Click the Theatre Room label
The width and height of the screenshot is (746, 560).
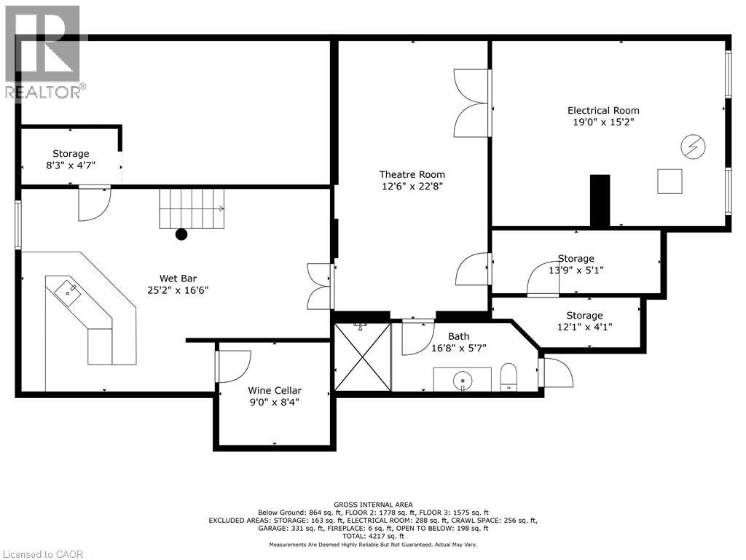[x=412, y=174]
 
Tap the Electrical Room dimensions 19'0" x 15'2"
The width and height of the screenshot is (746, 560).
[x=603, y=122]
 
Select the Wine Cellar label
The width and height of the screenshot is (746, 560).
[x=275, y=390]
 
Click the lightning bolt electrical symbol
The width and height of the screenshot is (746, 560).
[x=693, y=147]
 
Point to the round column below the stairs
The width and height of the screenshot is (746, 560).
[x=181, y=234]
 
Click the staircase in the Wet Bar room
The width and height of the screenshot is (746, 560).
[x=192, y=209]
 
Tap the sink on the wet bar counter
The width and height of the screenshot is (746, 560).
[x=67, y=293]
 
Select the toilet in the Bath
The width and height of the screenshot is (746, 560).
[x=509, y=377]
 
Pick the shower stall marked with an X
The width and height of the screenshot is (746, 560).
[x=363, y=357]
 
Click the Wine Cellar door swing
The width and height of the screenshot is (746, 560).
[x=233, y=367]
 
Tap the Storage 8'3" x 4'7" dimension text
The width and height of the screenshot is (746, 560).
[x=71, y=166]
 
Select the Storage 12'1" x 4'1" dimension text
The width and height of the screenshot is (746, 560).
[x=584, y=327]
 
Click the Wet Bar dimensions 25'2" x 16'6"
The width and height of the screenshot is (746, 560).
[x=178, y=290]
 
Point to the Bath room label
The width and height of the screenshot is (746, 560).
[x=459, y=336]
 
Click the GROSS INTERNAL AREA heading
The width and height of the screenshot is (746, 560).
[x=373, y=505]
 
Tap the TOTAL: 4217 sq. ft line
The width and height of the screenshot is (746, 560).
[x=373, y=536]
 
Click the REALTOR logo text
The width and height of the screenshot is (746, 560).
[x=43, y=92]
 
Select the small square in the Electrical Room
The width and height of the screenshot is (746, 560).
[x=670, y=182]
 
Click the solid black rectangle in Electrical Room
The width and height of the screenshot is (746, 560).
[x=600, y=201]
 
